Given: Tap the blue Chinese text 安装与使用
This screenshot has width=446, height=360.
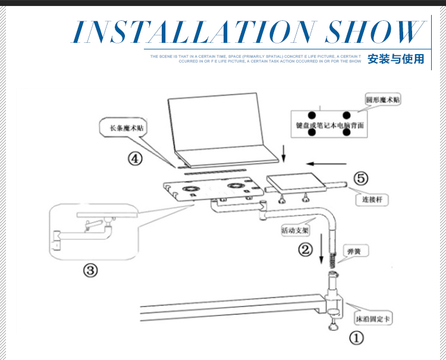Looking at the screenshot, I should tap(396, 59).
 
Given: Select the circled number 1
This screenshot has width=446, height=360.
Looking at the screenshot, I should tap(356, 339).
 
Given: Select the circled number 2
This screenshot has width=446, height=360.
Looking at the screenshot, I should tap(305, 250).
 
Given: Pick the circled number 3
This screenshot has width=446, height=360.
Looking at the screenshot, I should tap(90, 271).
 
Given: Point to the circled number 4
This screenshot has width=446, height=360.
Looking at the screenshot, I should tap(136, 159).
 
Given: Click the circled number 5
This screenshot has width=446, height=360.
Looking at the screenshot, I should tap(362, 178).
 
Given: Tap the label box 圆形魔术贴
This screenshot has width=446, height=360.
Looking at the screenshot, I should tap(383, 100).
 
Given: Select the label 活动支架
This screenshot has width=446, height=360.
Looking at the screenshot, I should tap(296, 230).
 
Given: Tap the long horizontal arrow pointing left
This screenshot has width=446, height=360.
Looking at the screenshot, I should tap(326, 162).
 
